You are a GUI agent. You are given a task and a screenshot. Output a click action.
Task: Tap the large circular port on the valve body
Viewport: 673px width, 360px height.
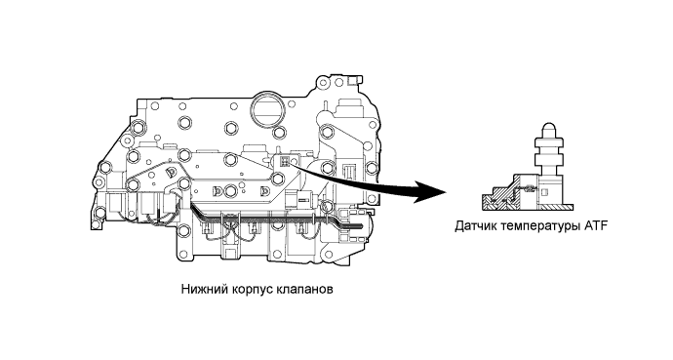point(268,109)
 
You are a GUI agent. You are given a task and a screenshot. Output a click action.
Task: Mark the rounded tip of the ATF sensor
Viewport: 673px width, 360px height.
point(550,129)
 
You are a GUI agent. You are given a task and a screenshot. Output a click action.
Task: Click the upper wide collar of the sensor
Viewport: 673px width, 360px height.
point(549,143)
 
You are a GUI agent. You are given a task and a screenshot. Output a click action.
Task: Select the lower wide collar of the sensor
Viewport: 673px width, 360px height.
point(549,161)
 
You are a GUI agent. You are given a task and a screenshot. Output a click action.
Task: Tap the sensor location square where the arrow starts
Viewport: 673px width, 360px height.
point(284,161)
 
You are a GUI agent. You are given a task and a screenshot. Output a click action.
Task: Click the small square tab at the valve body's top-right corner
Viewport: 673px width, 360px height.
point(353,80)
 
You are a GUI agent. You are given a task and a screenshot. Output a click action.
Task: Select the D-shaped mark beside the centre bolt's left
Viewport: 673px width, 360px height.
point(217,190)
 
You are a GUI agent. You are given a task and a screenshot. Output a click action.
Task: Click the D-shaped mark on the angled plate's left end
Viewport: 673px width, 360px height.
point(171,172)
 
